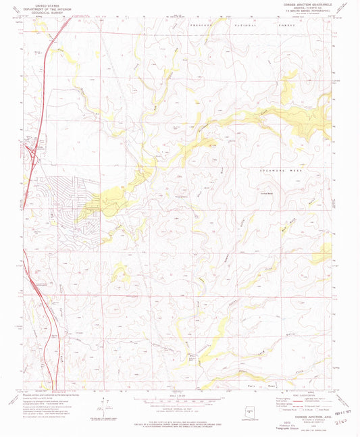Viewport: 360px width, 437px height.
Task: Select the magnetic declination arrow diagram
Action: point(101,404)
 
